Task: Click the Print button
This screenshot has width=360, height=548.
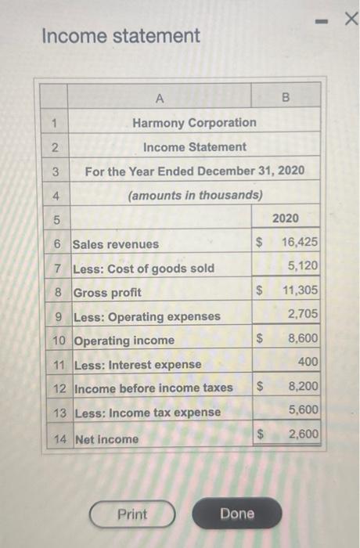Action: (132, 514)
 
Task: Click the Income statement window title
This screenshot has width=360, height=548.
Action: (121, 36)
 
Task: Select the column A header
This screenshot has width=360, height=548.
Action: (160, 99)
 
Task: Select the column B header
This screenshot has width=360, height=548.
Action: (286, 99)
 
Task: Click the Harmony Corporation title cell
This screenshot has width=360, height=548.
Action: (194, 122)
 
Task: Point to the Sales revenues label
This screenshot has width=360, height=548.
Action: (116, 244)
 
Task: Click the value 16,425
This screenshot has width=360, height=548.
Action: (300, 243)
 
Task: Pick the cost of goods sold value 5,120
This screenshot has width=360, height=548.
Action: (303, 266)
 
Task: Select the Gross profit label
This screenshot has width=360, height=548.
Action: (107, 293)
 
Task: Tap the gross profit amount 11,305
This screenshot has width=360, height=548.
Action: (300, 291)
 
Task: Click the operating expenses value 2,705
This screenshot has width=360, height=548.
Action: (303, 315)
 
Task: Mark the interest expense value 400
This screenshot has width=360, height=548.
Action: (308, 362)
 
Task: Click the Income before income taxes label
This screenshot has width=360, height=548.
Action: (153, 388)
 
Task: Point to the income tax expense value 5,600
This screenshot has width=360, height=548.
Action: (303, 409)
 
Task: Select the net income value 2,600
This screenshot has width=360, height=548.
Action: (303, 434)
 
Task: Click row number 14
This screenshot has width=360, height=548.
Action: (60, 439)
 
